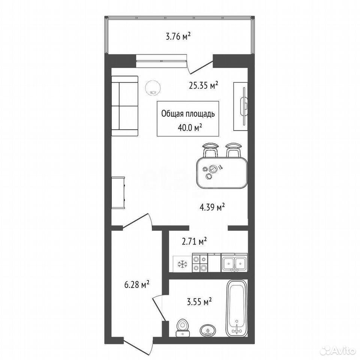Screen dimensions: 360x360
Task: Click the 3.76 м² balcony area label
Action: (178, 36)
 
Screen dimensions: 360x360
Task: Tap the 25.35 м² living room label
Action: (203, 85)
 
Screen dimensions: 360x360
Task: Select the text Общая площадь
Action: (188, 114)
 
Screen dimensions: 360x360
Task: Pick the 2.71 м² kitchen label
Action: (194, 241)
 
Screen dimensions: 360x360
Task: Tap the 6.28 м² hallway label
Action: (137, 285)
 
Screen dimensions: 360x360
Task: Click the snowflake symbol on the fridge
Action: (183, 264)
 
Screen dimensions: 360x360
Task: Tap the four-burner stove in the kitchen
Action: (200, 263)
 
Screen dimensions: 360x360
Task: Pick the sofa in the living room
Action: (124, 106)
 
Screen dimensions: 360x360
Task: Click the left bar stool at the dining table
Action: (210, 150)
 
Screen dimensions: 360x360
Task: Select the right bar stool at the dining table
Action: (233, 150)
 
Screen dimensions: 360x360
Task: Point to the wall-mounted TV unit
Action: (241, 106)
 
